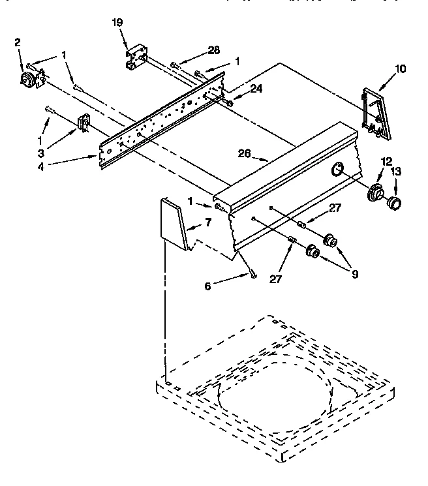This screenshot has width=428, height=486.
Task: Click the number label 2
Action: (18, 43)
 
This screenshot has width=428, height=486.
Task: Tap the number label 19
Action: (117, 23)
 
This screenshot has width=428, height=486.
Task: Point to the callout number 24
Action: (238, 89)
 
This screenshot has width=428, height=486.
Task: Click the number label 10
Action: (400, 67)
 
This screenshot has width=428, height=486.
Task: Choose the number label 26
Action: (244, 154)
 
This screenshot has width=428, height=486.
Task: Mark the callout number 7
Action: (208, 222)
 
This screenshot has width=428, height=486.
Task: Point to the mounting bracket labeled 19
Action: (135, 57)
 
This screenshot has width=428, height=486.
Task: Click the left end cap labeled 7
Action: (172, 224)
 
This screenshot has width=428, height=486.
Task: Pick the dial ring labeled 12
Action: (375, 193)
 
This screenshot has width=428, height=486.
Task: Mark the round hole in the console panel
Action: (338, 170)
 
